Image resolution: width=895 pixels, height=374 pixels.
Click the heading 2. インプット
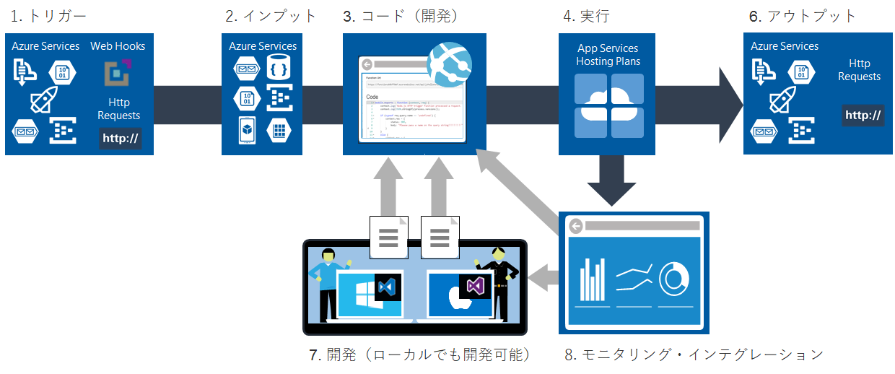click(269, 15)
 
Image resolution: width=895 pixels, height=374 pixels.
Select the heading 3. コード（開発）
click(401, 15)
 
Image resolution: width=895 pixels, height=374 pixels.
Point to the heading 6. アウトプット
click(802, 15)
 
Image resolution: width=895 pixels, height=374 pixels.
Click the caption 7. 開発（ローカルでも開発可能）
click(419, 355)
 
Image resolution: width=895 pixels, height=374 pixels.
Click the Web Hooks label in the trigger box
click(118, 46)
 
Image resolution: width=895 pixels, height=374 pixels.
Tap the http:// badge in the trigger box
click(121, 138)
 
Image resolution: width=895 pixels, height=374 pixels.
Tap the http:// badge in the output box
click(863, 115)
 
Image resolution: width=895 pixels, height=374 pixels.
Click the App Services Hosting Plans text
click(608, 55)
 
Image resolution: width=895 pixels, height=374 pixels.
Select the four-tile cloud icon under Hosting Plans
click(608, 105)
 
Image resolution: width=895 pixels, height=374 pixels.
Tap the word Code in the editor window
click(372, 96)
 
